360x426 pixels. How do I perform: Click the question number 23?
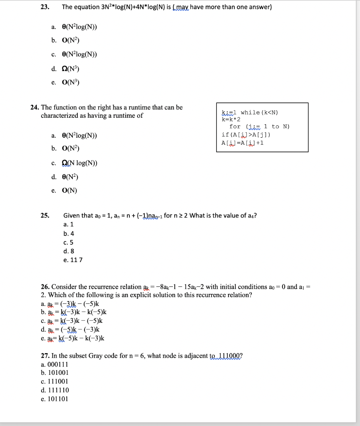[x=45, y=7]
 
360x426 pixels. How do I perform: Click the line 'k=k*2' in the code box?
[x=231, y=119]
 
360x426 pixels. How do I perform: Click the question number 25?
[x=45, y=215]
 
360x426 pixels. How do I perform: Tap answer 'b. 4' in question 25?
[x=69, y=233]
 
